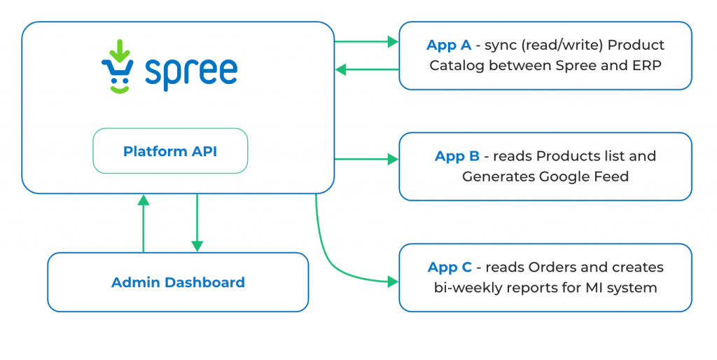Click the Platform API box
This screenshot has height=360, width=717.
tap(170, 151)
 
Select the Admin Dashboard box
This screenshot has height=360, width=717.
tap(178, 282)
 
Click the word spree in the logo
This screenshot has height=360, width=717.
tap(191, 73)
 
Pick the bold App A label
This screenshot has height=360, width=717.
tap(449, 45)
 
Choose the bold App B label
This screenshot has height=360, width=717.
tap(457, 156)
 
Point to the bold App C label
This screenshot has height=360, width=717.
tap(450, 267)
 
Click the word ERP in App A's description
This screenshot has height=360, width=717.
tap(648, 65)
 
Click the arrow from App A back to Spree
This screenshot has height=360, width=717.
tap(367, 69)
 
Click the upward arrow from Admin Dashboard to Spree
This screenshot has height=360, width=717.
tap(144, 223)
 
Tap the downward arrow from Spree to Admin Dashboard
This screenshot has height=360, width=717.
tap(197, 223)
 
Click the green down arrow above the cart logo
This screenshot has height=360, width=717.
tap(120, 50)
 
